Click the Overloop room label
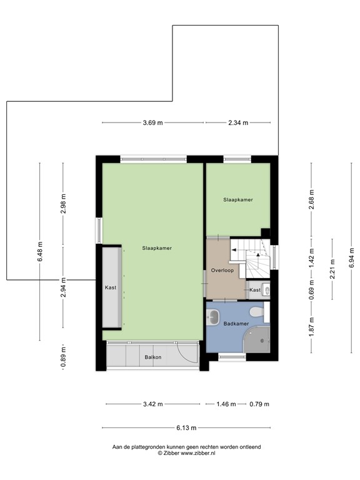click(222, 271)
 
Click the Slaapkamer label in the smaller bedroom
click(238, 199)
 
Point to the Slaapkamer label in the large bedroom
click(157, 247)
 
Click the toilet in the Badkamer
click(255, 312)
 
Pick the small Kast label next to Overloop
click(254, 291)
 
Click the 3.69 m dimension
click(152, 123)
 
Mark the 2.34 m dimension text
click(238, 123)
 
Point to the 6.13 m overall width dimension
click(186, 428)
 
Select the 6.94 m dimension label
click(352, 257)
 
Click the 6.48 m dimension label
click(40, 252)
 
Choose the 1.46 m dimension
click(226, 404)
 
